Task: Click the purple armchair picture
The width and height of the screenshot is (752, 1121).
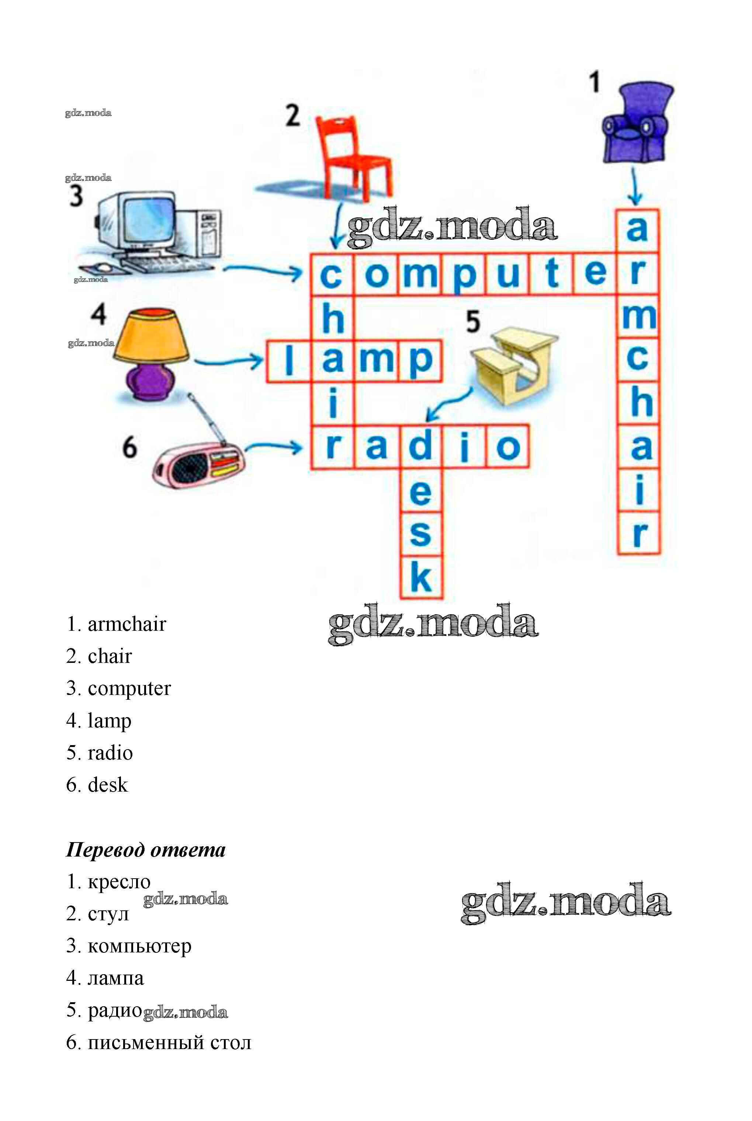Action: point(636,125)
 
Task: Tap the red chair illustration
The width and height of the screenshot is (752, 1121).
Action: point(353,158)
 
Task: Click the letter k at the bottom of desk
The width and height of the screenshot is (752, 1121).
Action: point(421,577)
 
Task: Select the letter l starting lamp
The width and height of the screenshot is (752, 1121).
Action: point(289,360)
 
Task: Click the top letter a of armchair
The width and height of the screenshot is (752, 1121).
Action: point(637,230)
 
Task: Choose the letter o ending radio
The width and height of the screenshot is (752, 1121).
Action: point(508,447)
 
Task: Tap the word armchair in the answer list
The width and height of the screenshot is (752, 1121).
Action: point(127,624)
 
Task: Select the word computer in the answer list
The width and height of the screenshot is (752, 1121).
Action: point(129,688)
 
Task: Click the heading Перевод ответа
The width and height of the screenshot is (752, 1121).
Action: point(146,850)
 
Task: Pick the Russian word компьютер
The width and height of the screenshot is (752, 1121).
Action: point(139,946)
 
